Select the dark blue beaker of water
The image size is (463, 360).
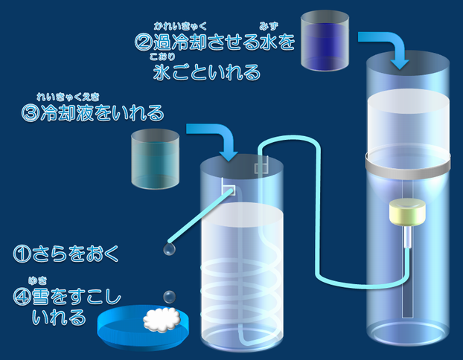pos(325,39)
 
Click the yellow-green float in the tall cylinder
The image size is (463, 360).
pos(406,215)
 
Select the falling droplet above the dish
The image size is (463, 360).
pos(170,297)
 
